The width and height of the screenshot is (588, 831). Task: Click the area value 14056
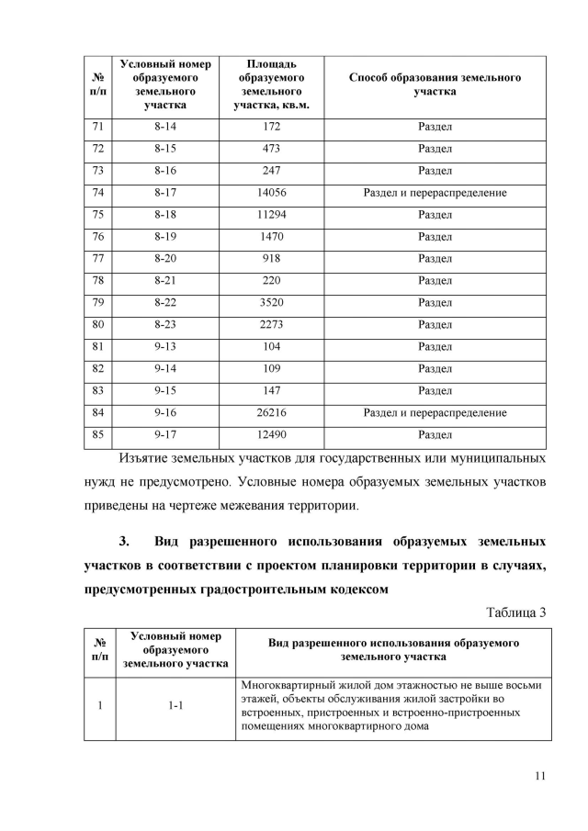click(271, 193)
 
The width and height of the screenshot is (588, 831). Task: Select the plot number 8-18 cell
click(165, 215)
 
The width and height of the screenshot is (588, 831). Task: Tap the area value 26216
click(271, 413)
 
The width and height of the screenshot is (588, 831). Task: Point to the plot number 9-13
click(165, 347)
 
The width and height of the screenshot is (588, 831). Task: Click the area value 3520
click(271, 303)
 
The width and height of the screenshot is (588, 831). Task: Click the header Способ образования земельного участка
click(435, 84)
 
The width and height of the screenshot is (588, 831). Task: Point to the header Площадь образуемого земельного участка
click(271, 84)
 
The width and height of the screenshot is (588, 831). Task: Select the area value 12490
click(271, 435)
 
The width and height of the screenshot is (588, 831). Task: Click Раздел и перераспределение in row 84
click(435, 413)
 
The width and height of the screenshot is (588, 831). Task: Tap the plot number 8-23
click(165, 325)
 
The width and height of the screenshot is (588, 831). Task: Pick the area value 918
click(271, 259)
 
